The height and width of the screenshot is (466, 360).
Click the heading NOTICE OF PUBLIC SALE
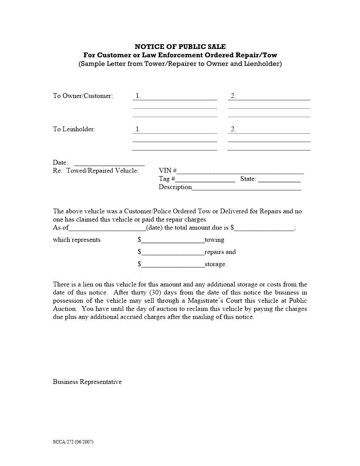[180, 46]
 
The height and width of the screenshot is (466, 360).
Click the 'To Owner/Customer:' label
[83, 96]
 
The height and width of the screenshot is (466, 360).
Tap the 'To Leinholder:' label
[74, 129]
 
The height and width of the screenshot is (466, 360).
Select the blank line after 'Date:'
[109, 163]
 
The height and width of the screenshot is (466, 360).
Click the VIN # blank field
[240, 171]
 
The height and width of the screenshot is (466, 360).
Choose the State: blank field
[279, 180]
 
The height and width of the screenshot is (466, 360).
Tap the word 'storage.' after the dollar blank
[216, 264]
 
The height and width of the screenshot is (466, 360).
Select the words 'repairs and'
[220, 252]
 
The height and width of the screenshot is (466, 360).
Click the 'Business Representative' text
[87, 382]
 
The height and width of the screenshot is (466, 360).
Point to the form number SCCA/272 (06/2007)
[73, 442]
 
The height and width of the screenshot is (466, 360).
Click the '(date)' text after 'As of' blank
[154, 228]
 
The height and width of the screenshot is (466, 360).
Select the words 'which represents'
[77, 240]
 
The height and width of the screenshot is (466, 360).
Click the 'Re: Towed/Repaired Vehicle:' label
[96, 171]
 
